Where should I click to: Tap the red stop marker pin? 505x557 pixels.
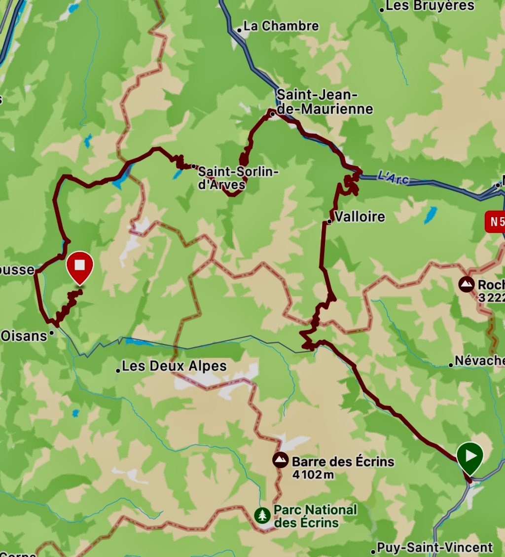click(80, 266)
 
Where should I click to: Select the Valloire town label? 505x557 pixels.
click(360, 217)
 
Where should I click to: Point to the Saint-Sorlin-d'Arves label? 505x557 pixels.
click(238, 178)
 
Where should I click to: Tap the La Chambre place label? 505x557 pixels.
click(281, 26)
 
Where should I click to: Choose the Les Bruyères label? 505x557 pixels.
click(430, 6)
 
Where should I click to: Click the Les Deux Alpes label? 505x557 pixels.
click(174, 367)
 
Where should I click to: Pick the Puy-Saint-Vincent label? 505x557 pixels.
click(434, 547)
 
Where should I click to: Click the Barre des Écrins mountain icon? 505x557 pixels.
click(281, 461)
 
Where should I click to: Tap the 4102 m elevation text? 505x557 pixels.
click(313, 475)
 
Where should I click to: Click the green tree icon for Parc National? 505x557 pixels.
click(262, 516)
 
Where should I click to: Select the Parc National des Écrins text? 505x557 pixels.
click(315, 516)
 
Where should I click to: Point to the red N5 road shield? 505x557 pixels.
click(495, 222)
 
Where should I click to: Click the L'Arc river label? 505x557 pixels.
click(393, 177)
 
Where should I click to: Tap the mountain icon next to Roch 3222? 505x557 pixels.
click(466, 284)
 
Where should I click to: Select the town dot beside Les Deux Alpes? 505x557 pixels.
click(118, 370)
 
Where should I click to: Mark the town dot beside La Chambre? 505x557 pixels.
click(239, 30)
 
